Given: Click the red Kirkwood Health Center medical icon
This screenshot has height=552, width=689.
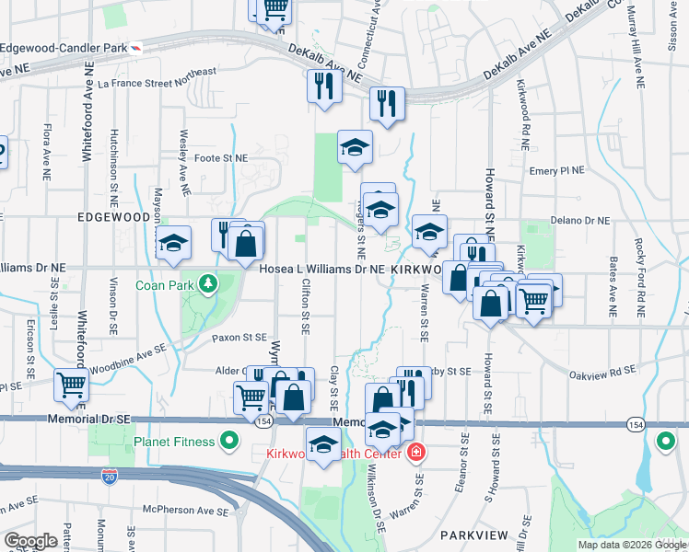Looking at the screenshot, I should click(x=416, y=453).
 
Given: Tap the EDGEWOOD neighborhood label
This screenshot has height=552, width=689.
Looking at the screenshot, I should click(x=115, y=217).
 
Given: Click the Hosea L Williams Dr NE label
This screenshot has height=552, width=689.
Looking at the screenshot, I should click(x=321, y=269).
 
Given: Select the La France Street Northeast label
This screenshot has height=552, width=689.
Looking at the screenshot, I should click(x=157, y=77).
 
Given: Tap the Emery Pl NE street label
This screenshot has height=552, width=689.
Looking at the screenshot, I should click(x=557, y=171).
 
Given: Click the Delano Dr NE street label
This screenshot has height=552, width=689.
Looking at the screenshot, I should click(x=580, y=221).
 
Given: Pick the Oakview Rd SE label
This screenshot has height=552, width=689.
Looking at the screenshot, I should click(x=603, y=370).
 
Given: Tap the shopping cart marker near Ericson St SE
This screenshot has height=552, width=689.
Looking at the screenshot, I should click(x=71, y=385).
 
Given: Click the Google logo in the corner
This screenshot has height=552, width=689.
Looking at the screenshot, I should click(x=31, y=541).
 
